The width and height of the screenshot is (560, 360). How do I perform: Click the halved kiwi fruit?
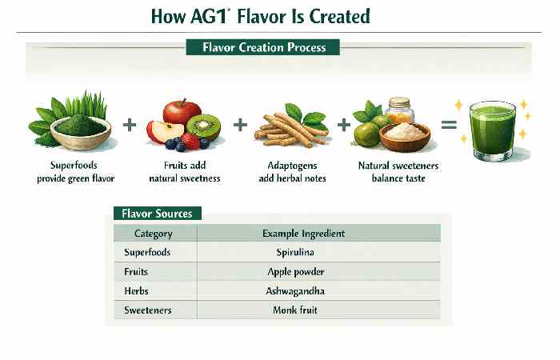202,126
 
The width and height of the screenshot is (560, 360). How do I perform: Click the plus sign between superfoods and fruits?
129,124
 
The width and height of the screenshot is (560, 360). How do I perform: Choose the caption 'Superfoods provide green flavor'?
73,172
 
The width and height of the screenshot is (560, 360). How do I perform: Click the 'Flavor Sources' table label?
157,214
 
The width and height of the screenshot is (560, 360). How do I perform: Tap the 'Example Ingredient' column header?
303,233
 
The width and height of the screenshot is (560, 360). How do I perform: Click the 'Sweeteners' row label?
148,310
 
